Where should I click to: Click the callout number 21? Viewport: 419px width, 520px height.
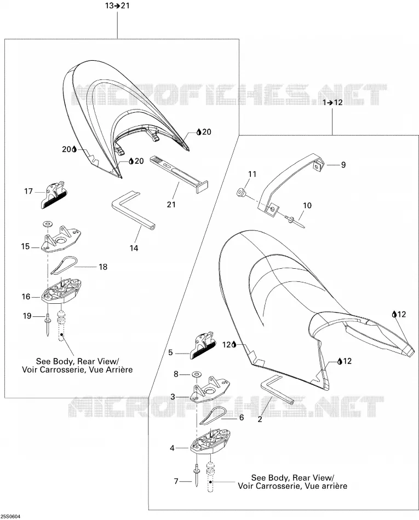171,204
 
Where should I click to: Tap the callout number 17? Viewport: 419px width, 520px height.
28,192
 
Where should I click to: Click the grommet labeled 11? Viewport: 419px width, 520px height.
241,193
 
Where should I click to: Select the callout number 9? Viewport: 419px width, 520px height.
343,165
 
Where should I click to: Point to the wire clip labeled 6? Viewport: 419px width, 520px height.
213,415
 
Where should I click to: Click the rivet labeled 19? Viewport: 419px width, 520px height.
48,326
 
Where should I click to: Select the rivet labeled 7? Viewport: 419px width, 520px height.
197,475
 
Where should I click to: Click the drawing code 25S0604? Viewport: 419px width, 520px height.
10,516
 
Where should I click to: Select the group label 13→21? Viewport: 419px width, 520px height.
117,6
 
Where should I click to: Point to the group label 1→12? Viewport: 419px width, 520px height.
332,102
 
